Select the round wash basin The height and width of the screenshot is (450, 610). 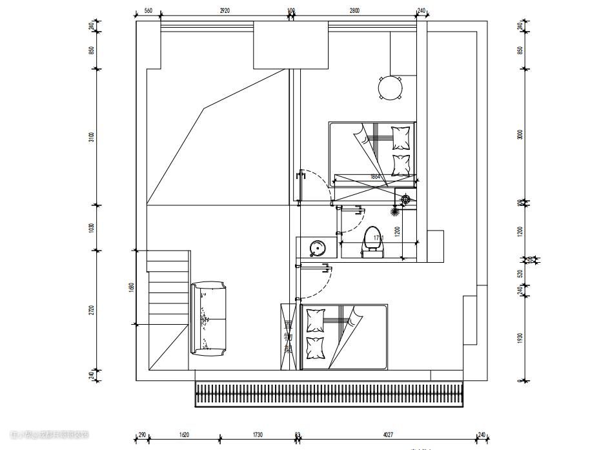coord(318,247)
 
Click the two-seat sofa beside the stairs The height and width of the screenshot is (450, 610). coord(208,318)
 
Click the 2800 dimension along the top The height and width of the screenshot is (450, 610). coord(355,11)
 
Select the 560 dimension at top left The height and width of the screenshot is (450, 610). coord(148,11)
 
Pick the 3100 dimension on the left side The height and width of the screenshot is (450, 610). coord(92,137)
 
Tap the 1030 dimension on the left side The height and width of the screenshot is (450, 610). coord(92,228)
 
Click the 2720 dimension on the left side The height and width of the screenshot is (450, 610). coord(92,310)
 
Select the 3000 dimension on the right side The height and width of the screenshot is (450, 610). coord(520,134)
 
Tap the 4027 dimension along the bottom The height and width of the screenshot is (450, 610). coord(387,435)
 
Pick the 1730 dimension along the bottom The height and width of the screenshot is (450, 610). coord(258,435)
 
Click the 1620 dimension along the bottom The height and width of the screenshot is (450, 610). coord(184,435)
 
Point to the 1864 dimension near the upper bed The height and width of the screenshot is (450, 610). coord(375,176)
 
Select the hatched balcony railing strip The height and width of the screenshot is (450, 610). coord(330,394)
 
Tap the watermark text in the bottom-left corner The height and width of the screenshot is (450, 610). coord(50,435)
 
